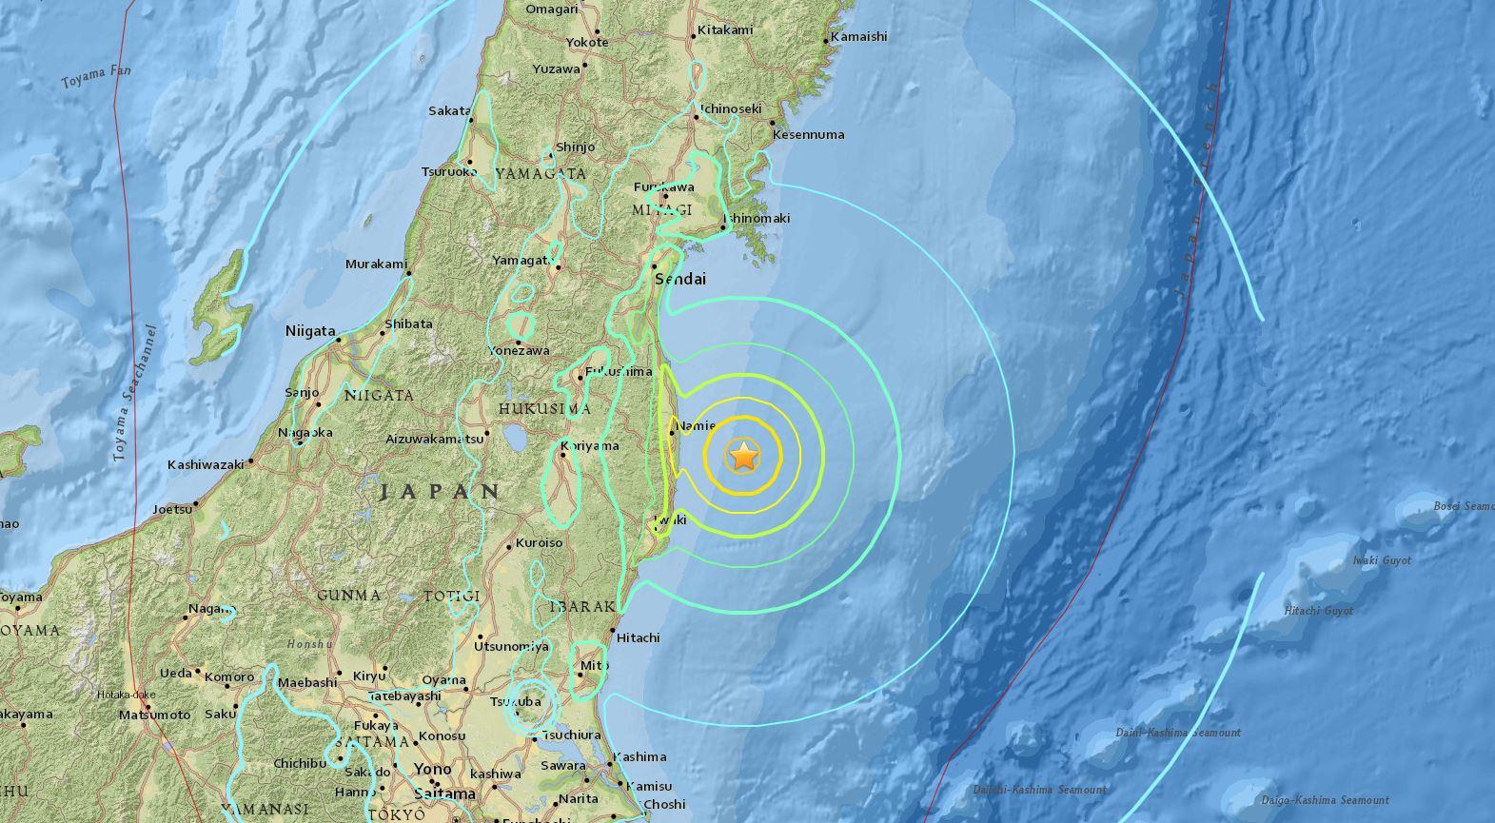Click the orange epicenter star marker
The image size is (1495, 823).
(x=743, y=457)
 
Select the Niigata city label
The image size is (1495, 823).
(x=310, y=332)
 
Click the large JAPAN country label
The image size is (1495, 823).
(x=440, y=492)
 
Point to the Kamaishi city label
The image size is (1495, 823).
(x=858, y=37)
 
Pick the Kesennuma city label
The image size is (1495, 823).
(x=808, y=135)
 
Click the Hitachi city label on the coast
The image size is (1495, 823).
(x=639, y=637)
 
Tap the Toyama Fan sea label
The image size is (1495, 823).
(x=96, y=77)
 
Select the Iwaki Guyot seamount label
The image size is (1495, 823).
(x=1382, y=560)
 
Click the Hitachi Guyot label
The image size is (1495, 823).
(x=1318, y=611)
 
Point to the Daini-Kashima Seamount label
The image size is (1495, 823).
(x=1177, y=733)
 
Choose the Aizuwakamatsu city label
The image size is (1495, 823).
(x=433, y=439)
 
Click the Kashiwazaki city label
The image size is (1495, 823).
(x=206, y=465)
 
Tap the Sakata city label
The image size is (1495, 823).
(x=449, y=111)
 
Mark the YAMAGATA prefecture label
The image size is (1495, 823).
(x=540, y=173)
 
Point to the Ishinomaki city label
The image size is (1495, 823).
(x=757, y=219)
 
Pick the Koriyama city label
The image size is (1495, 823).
(x=590, y=445)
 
